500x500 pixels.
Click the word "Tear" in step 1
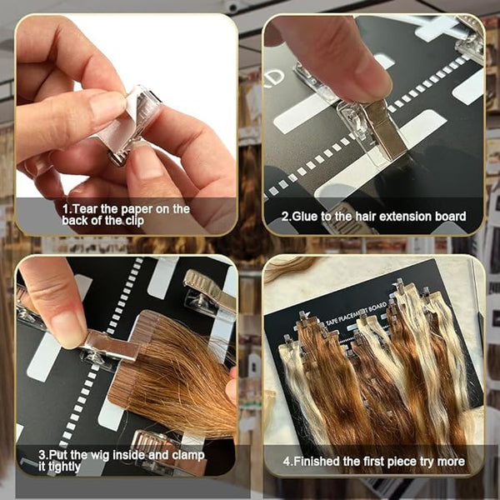[x=86, y=209]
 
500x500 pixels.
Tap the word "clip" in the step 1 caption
[x=134, y=221]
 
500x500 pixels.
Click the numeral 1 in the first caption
[x=66, y=209]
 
